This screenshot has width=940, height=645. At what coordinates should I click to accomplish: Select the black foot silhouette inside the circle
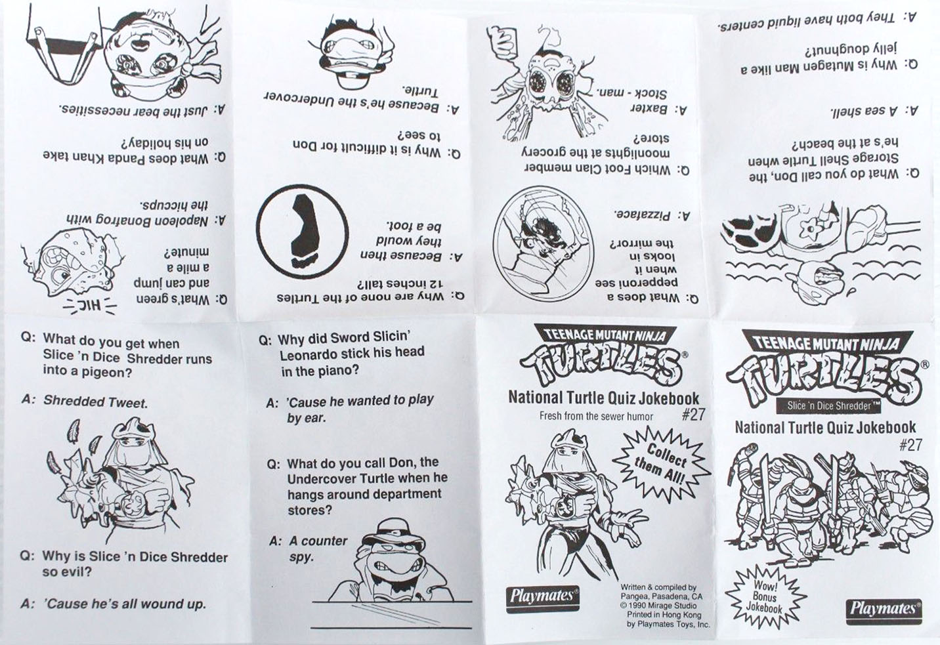point(303,232)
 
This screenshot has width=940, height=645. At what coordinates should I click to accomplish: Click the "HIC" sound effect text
point(90,305)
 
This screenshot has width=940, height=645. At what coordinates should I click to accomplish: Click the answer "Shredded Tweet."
point(96,402)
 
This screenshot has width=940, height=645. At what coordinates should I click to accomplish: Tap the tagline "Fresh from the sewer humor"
point(596,416)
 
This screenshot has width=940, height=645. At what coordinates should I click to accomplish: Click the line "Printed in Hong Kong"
point(664,615)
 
